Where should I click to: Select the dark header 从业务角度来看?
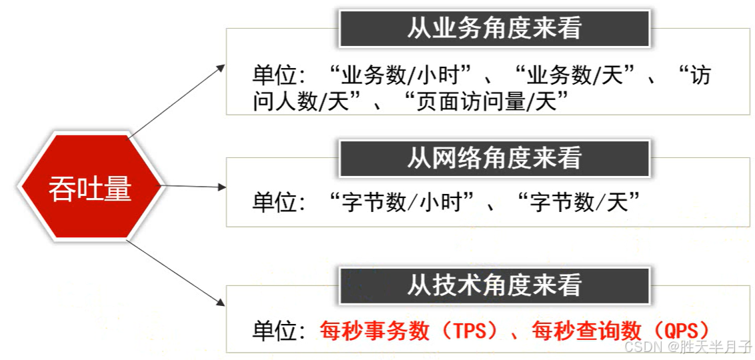(494, 28)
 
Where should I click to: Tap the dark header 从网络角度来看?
(494, 158)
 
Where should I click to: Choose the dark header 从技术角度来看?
(494, 285)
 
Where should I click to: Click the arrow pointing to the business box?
(177, 101)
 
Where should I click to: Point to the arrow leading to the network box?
(193, 186)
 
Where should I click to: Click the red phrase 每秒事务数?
(374, 330)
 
